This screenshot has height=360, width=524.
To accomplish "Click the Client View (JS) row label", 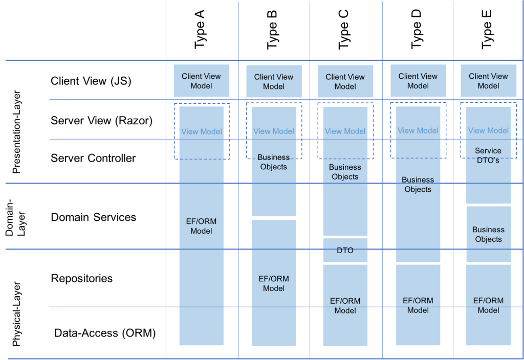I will pos(91,81).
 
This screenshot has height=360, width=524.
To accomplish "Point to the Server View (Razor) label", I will pos(101,121).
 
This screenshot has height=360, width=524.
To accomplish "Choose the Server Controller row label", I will pos(93,158).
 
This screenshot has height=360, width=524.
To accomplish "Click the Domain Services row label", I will pos(93,217).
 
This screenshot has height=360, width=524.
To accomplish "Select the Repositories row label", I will pos(82,278).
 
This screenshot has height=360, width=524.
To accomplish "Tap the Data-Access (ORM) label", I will pos(105,333).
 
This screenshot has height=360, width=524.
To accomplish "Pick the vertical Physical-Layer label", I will pos(17,313).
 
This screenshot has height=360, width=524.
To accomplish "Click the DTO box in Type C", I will pos(345,251).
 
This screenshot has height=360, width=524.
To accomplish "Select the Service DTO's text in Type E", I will pos(488,155).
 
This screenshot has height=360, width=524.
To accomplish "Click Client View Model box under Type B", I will pos(274,82).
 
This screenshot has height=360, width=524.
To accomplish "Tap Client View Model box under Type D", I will pos(418,81).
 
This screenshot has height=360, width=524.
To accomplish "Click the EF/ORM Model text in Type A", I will pos(201,226).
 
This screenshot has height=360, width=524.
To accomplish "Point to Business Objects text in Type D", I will pos(418,185).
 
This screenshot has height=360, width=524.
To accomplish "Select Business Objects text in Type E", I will pos(488,234).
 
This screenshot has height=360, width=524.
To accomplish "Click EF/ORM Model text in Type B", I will pos(274,283).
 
